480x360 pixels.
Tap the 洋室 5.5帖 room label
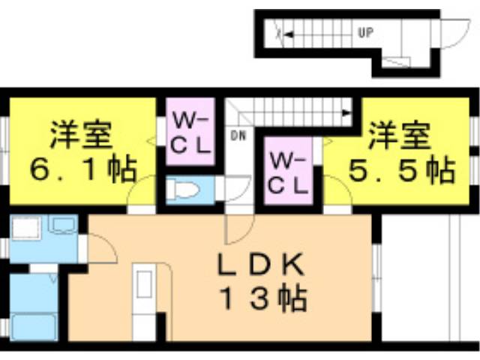[x=402, y=152]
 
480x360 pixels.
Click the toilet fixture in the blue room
[x=183, y=190]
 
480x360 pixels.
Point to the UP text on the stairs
[x=365, y=32]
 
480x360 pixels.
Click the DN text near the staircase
[x=238, y=136]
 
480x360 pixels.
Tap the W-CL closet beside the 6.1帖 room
[x=190, y=132]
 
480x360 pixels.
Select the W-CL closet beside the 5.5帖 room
[x=288, y=171]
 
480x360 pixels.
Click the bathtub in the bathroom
[x=33, y=327]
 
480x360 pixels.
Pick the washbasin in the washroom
[x=64, y=225]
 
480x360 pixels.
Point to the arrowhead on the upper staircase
[x=289, y=34]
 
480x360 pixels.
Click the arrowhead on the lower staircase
[x=346, y=113]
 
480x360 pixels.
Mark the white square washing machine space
[x=26, y=228]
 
